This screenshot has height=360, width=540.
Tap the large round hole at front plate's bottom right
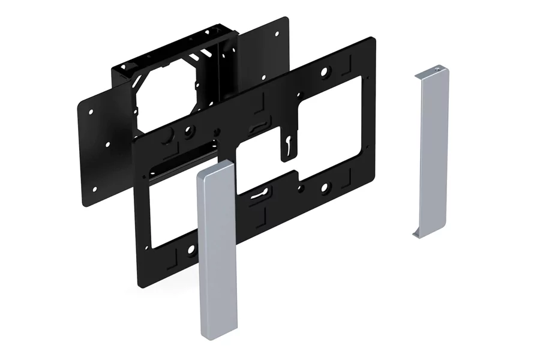(x=325, y=188)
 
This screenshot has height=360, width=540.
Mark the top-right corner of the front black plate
(x=373, y=39)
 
